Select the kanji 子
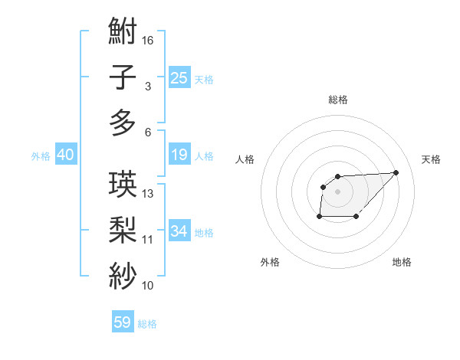123,79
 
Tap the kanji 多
123,123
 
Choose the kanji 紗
123,274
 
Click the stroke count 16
149,40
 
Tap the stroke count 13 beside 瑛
149,193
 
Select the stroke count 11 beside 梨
149,239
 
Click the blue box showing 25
179,77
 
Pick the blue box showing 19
179,155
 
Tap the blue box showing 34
179,231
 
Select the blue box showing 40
65,155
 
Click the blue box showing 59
123,322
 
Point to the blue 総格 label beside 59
147,324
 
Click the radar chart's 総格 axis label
337,100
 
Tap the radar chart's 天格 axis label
431,159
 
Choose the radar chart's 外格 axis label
270,262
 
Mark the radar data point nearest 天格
396,172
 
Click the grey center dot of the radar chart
337,191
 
